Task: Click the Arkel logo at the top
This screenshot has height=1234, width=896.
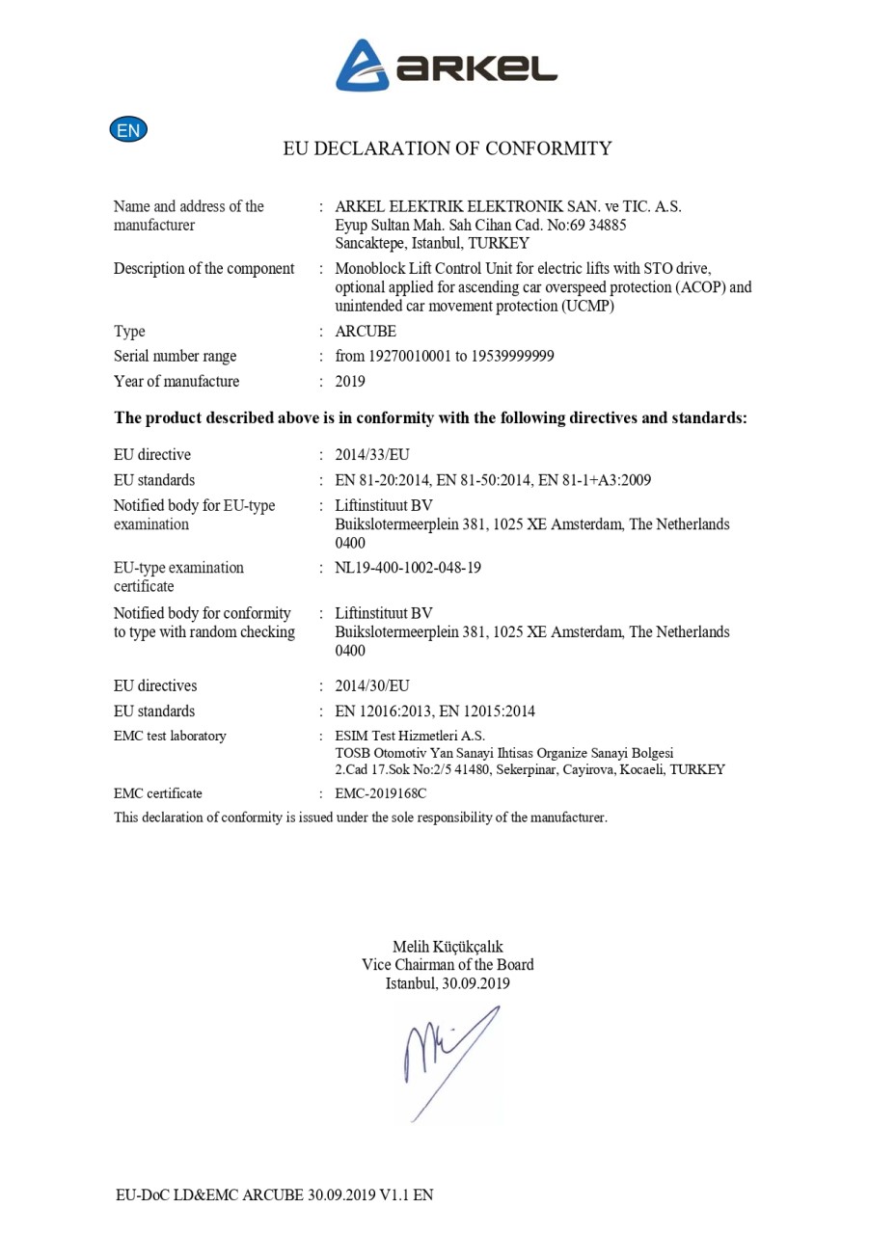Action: [x=447, y=66]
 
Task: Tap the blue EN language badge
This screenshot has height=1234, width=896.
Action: [x=128, y=130]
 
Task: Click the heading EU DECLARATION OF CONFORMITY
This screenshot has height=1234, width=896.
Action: [x=448, y=148]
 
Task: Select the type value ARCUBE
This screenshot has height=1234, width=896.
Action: [x=366, y=332]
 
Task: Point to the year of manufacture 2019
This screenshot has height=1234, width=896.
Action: [x=350, y=382]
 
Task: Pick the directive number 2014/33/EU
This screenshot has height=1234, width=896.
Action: [x=372, y=455]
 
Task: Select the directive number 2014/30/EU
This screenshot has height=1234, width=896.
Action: [x=372, y=686]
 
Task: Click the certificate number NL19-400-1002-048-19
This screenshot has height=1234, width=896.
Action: [x=408, y=568]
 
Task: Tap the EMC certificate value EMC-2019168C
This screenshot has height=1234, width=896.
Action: [x=380, y=793]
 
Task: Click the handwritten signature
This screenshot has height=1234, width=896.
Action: [x=448, y=1060]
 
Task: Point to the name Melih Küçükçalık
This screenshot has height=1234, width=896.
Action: [x=448, y=947]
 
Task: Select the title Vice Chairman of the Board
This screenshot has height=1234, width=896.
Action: [x=448, y=965]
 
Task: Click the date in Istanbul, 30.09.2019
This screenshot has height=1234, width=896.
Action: [x=475, y=984]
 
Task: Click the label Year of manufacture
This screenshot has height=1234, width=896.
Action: [x=176, y=382]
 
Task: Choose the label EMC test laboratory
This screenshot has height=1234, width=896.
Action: [x=170, y=737]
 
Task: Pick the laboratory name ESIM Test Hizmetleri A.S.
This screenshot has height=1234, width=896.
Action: [x=410, y=737]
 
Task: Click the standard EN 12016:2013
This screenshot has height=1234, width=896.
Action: [x=383, y=711]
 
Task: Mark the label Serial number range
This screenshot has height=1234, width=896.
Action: [x=175, y=357]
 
